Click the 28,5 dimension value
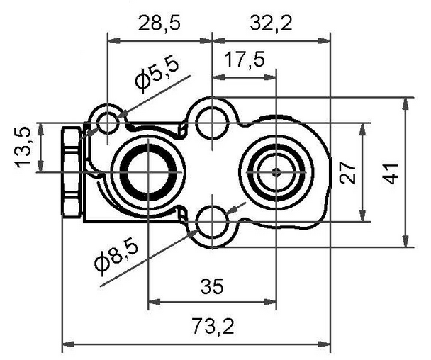[x=159, y=23]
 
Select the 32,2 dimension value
[x=271, y=23]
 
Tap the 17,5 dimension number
[x=245, y=60]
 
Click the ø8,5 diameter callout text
[x=116, y=257]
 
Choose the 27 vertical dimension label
[x=347, y=173]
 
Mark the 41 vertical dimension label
[x=391, y=174]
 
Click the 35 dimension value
[x=212, y=286]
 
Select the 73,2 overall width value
[x=213, y=326]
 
